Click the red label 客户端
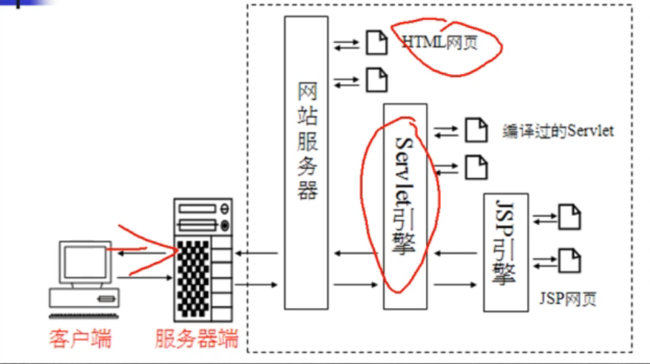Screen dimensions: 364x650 pyautogui.click(x=81, y=340)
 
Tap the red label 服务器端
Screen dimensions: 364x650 pyautogui.click(x=197, y=340)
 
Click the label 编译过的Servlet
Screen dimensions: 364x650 pyautogui.click(x=558, y=131)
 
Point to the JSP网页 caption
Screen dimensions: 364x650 pyautogui.click(x=568, y=299)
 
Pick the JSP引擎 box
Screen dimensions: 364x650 pyautogui.click(x=505, y=252)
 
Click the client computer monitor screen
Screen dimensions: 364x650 pyautogui.click(x=83, y=260)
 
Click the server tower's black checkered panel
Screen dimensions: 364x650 pyautogui.click(x=192, y=269)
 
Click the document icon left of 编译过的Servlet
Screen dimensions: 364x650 pyautogui.click(x=476, y=131)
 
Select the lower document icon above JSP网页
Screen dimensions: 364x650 pyautogui.click(x=569, y=260)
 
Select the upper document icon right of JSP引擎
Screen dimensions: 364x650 pyautogui.click(x=569, y=217)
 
